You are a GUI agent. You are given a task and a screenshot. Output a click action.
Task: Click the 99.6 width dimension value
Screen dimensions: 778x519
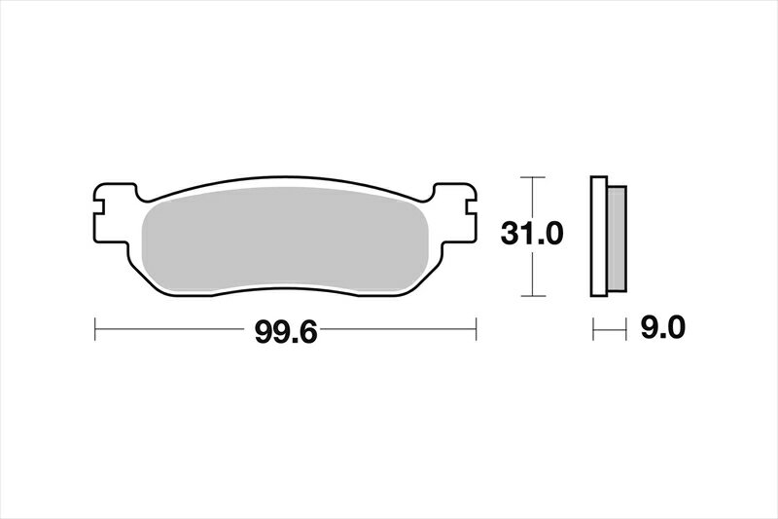pos(285,332)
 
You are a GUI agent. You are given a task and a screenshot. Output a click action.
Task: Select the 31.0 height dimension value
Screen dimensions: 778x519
pos(532,234)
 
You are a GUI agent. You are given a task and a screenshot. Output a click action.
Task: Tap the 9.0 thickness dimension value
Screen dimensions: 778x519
pos(663,328)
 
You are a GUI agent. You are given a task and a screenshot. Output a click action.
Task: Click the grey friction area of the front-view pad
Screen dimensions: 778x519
pos(285,240)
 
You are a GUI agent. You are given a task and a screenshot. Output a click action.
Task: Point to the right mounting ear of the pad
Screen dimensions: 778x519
pos(455,213)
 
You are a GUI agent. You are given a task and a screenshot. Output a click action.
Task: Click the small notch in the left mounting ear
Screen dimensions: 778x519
pos(99,207)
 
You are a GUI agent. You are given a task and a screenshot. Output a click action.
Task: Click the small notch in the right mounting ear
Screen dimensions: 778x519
pos(471,207)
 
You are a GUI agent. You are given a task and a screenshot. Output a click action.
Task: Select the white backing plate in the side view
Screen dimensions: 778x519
pos(599,237)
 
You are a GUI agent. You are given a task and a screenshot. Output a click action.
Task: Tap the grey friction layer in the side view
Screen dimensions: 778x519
pos(617,239)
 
